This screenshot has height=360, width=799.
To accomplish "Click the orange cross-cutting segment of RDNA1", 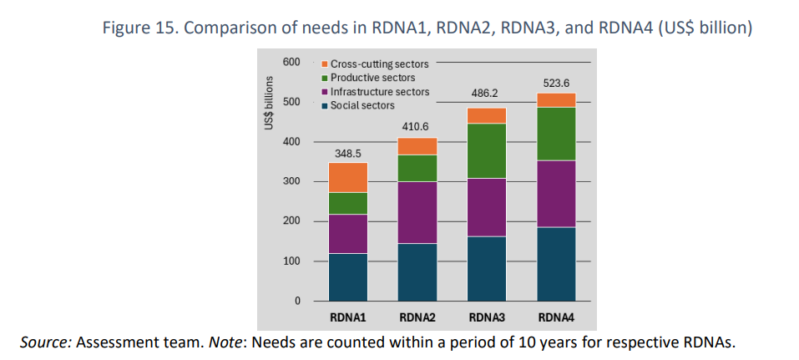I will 348,177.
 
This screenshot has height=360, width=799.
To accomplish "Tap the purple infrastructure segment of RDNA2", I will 417,212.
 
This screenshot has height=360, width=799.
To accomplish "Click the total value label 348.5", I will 348,154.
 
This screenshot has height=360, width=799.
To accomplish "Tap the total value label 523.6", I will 556,83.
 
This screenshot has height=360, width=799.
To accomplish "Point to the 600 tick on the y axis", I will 291,62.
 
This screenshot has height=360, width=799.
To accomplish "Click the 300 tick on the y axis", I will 291,181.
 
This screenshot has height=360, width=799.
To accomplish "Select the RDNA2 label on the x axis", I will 417,317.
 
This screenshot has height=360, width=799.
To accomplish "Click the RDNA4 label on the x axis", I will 556,317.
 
